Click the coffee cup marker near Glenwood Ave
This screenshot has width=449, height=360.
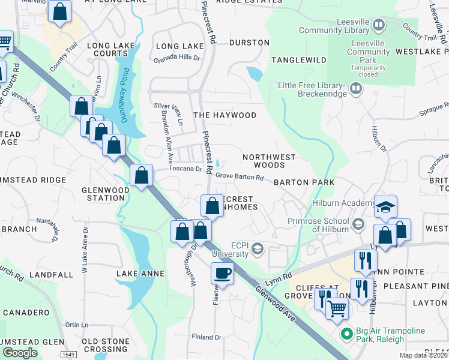[x=222, y=274]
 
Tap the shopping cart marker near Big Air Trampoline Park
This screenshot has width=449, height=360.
[x=337, y=308]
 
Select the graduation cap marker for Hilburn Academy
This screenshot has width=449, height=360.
[x=385, y=207]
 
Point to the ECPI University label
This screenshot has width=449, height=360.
[x=231, y=249]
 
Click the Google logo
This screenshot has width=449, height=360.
[x=20, y=352]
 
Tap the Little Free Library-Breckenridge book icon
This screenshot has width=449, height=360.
[x=357, y=89]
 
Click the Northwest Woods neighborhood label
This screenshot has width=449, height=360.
[x=269, y=161]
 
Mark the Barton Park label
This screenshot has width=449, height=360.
[x=304, y=182]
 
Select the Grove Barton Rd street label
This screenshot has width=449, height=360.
[x=240, y=177]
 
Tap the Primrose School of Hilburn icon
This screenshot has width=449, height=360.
[x=358, y=224]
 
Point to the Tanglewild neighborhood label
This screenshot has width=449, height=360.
[x=298, y=60]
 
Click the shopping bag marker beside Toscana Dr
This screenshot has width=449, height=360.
[x=141, y=176]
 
